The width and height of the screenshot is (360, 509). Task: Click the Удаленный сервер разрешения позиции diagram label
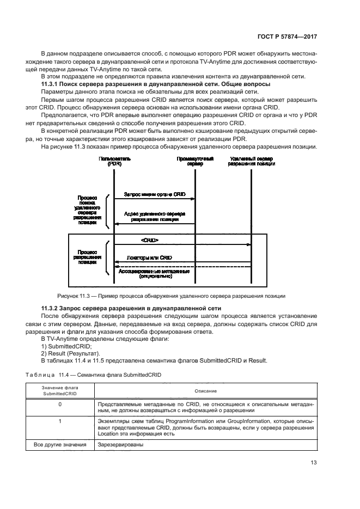pyautogui.click(x=251, y=161)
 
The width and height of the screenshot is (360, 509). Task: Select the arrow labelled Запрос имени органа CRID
pyautogui.click(x=154, y=199)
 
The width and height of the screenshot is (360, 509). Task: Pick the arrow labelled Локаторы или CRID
pyautogui.click(x=182, y=262)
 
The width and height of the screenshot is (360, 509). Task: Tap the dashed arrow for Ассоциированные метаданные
pyautogui.click(x=182, y=267)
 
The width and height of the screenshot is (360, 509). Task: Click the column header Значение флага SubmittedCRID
pyautogui.click(x=60, y=391)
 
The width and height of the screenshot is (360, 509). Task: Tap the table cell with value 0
pyautogui.click(x=60, y=404)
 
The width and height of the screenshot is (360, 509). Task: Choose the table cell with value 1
pyautogui.click(x=60, y=421)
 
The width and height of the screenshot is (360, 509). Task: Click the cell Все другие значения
pyautogui.click(x=60, y=445)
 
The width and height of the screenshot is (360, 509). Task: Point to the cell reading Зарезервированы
pyautogui.click(x=120, y=445)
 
